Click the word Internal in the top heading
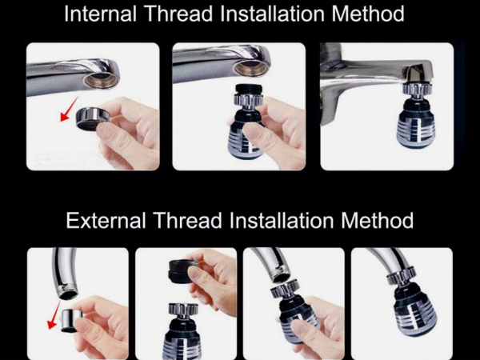(x=101, y=14)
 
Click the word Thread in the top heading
(x=178, y=14)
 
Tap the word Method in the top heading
(x=368, y=14)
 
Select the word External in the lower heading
(x=106, y=220)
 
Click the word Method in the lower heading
(x=377, y=220)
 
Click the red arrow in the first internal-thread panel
(x=69, y=109)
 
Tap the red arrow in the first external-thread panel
(x=54, y=315)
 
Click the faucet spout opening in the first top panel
(x=102, y=79)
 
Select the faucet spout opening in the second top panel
(x=251, y=68)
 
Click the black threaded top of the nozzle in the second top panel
(x=249, y=89)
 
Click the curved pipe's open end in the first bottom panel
(x=69, y=294)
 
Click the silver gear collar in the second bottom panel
(x=183, y=311)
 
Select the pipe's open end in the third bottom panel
(x=282, y=278)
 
